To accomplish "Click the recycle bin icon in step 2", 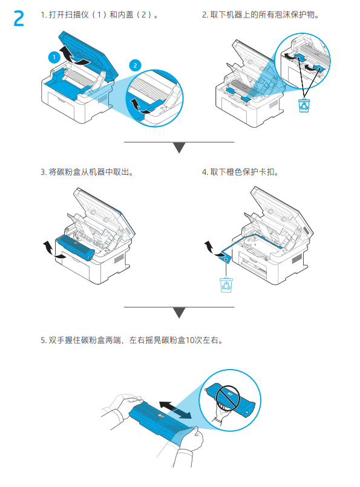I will [x=304, y=105].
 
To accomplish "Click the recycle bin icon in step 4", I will [x=226, y=284].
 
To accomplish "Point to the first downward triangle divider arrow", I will [x=179, y=148].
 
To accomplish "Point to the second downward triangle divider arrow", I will [x=179, y=312].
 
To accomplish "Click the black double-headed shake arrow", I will [x=178, y=408].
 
